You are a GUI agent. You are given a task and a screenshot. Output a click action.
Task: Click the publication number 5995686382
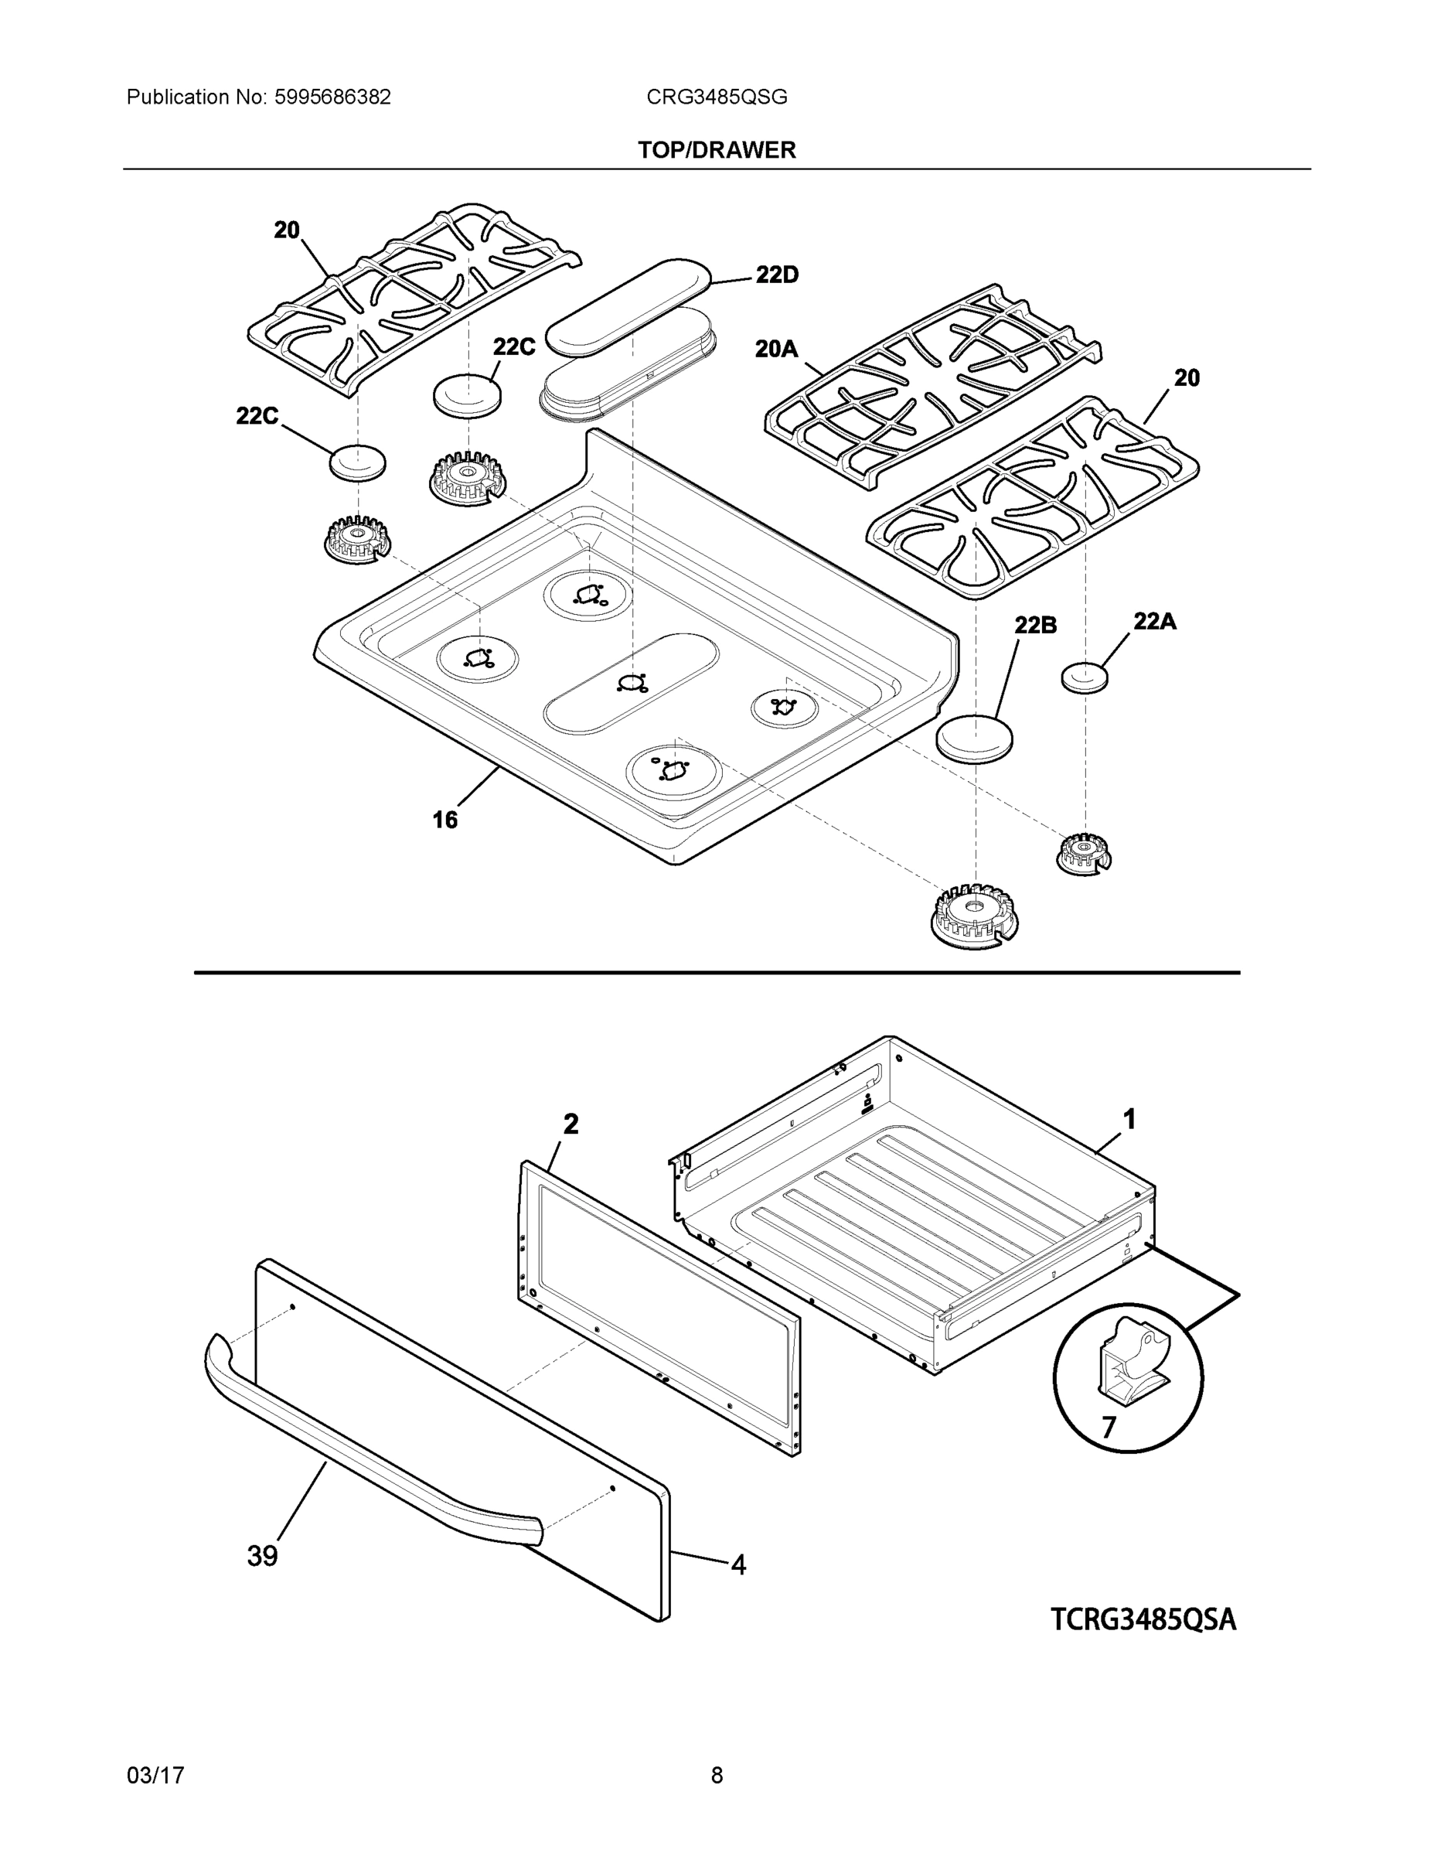332,97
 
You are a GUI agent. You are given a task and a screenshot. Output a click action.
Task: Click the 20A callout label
776,349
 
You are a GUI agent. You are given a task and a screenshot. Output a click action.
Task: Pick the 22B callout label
1036,626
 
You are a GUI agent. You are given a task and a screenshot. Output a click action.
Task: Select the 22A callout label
1154,621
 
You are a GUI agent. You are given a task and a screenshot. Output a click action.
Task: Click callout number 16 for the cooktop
445,819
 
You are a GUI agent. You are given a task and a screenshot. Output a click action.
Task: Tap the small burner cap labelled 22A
1085,677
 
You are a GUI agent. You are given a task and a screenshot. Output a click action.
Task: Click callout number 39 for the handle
263,1556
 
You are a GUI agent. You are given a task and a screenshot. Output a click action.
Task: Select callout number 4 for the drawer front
738,1564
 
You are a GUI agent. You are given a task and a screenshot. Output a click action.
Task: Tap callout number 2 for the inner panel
571,1124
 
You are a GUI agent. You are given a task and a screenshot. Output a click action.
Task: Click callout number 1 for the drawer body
1129,1120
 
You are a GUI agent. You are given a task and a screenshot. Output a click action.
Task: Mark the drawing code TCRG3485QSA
1143,1620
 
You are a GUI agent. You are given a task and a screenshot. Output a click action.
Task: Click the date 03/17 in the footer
155,1776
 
